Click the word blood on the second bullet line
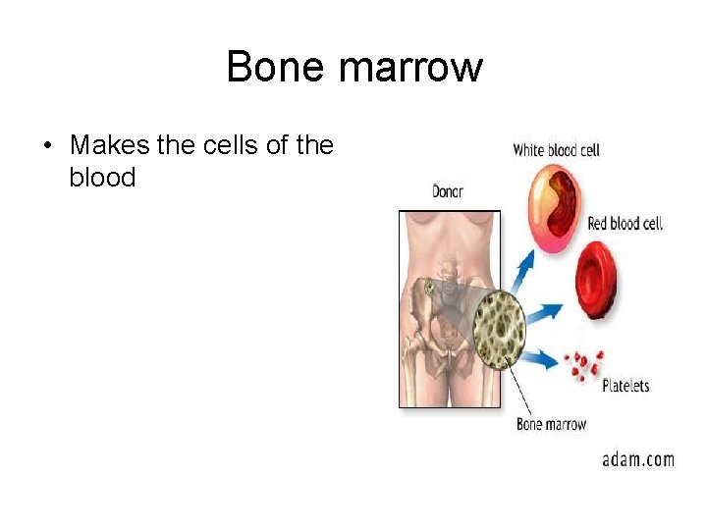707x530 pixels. coord(102,178)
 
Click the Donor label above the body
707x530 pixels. coord(447,191)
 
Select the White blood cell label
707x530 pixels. coord(556,150)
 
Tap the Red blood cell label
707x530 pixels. coord(625,224)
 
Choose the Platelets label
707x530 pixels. coord(625,386)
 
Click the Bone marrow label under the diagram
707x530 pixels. coord(551,424)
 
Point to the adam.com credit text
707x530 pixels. coord(638,458)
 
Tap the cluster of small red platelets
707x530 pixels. coord(587,363)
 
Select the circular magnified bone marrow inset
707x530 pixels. coord(500,328)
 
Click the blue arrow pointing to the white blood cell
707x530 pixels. coord(523,266)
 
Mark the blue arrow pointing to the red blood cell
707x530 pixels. coord(544,313)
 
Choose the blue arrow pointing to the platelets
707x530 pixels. coord(541,358)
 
